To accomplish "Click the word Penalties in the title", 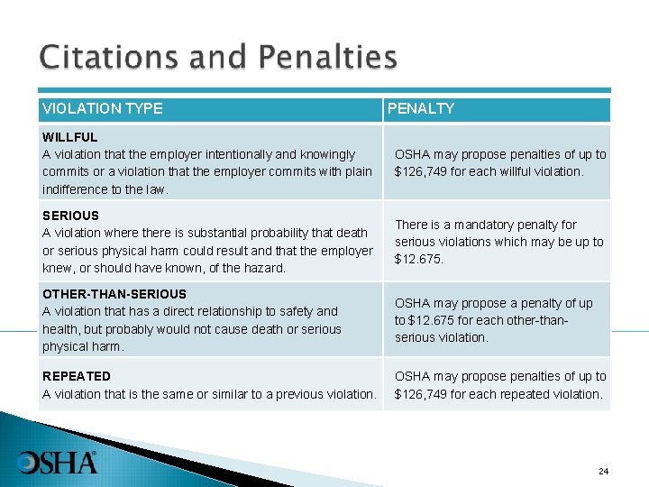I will click(x=327, y=59).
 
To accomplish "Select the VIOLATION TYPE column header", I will click(x=103, y=109).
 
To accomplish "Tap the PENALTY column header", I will click(x=421, y=109).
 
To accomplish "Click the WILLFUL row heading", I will click(x=69, y=137).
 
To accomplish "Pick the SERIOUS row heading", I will click(x=70, y=216).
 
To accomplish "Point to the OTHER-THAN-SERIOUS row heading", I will click(x=114, y=294).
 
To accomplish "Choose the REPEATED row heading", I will click(x=77, y=376).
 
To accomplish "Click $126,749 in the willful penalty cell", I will click(x=425, y=171).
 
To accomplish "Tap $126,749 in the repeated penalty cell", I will click(x=425, y=394).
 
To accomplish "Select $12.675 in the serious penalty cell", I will click(x=419, y=260).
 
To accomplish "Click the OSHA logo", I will click(x=57, y=463).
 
